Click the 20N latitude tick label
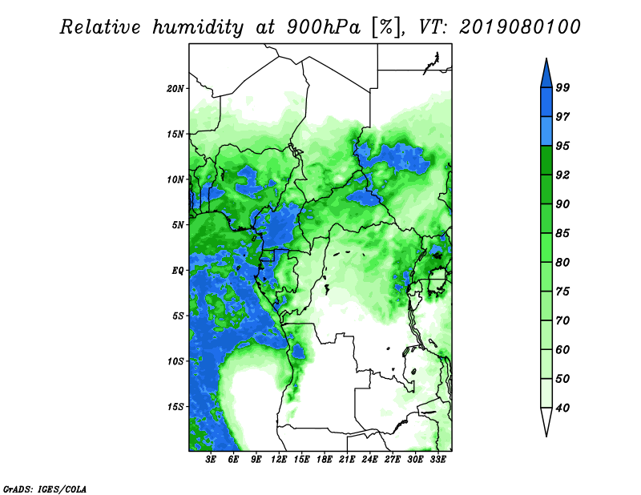click(175, 89)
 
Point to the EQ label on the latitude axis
click(178, 271)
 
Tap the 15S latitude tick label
click(175, 407)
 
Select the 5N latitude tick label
click(178, 225)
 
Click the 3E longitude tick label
click(211, 460)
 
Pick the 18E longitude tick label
click(325, 460)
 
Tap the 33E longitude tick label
click(437, 460)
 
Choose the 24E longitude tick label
click(369, 460)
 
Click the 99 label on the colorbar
click(562, 87)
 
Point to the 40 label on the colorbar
click(562, 408)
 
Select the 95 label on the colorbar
click(562, 146)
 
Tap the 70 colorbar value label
click(562, 320)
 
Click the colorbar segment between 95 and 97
click(546, 131)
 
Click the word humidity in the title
click(198, 27)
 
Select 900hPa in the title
click(324, 27)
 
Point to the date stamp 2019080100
click(519, 27)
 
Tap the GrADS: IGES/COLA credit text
click(45, 489)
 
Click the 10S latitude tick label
click(175, 361)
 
